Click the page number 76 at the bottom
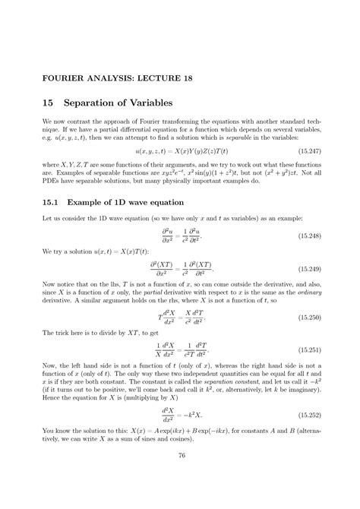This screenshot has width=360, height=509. pyautogui.click(x=181, y=477)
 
